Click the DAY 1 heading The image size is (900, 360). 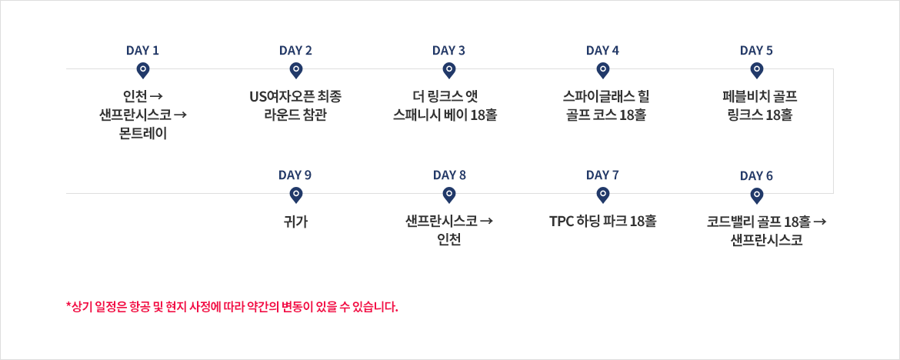[142, 51]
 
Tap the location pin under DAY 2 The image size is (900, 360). [295, 71]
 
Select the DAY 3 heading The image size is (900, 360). [449, 51]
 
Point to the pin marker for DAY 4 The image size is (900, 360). [602, 71]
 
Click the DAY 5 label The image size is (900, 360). [756, 51]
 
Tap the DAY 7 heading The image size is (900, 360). [602, 175]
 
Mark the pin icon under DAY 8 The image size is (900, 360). [449, 196]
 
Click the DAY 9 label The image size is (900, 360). [295, 175]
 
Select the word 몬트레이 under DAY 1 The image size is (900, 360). [144, 135]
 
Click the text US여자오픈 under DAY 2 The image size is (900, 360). [278, 95]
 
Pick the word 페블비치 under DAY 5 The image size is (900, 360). [741, 95]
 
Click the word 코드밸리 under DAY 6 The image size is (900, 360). [725, 222]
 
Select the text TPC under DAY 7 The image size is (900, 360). [560, 222]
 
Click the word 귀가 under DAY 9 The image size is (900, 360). [295, 222]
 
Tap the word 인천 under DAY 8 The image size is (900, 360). [449, 241]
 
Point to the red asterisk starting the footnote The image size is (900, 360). [69, 305]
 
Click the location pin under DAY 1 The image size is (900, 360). [143, 71]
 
